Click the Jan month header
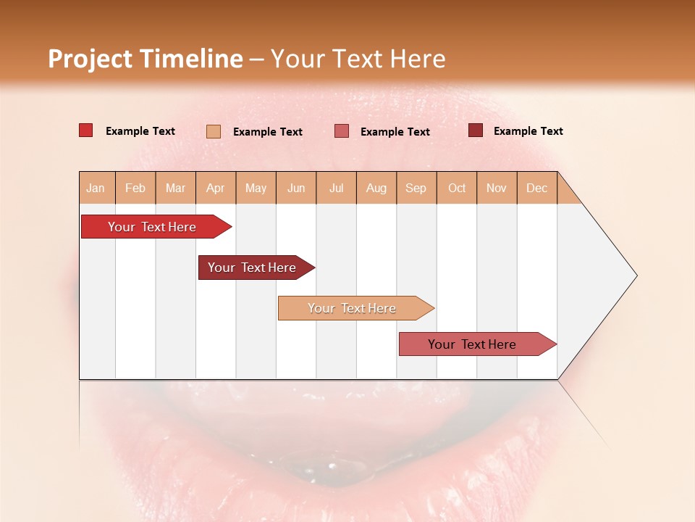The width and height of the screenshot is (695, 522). coord(96,188)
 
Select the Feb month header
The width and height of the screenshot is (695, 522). coord(135,188)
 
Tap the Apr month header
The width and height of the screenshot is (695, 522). coord(215,188)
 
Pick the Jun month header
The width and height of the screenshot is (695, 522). coord(296,188)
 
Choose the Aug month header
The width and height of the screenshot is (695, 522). coord(376,188)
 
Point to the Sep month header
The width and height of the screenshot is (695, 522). coord(416,188)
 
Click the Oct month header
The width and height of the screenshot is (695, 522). coord(457,188)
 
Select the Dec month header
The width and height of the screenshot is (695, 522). coord(536,188)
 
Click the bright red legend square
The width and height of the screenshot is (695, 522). coord(85,130)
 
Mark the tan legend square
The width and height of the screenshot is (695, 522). coord(213,131)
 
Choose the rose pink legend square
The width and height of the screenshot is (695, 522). coord(341,131)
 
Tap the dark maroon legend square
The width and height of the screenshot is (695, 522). coord(475,130)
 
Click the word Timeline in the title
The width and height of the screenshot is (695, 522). coord(191,59)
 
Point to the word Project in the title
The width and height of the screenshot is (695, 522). coord(90,59)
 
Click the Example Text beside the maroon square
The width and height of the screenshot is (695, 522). coord(528,131)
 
